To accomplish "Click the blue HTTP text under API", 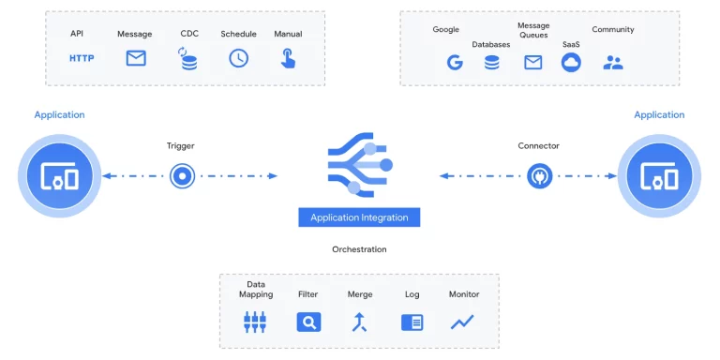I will point(82,58).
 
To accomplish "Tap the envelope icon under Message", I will point(136,58).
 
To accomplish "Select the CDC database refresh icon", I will point(188,59).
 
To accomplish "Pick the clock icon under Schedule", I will point(239,58).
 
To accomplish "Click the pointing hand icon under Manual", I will point(288,58).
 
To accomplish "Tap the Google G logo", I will point(455,63).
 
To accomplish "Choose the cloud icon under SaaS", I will point(571,63).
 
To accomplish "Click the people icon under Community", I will point(613,63).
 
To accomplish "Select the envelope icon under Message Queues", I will point(532,63).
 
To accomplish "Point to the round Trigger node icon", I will point(182,175).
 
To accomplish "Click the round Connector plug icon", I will point(539,175).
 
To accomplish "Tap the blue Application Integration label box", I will point(359,217).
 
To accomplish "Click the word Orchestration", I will point(359,249).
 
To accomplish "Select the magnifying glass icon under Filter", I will point(308,322).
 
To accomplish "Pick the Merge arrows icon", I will point(360,322).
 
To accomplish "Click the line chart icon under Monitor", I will point(462,322).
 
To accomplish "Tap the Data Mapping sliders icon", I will point(255,322).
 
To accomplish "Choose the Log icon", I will point(412,322).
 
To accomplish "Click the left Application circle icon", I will point(58,175).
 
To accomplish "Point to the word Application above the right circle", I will point(659,115).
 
